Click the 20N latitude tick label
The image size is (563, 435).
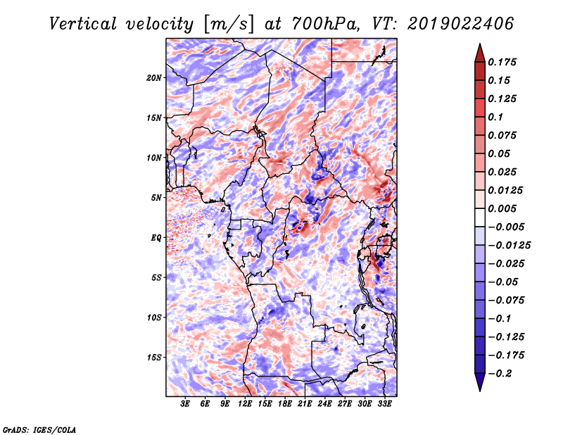[x=154, y=78]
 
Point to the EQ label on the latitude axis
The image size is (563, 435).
[x=156, y=238]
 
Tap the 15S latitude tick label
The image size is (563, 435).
[x=154, y=358]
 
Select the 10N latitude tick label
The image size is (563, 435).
[x=154, y=158]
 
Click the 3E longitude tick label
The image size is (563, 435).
[x=185, y=403]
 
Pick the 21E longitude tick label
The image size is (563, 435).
[x=305, y=403]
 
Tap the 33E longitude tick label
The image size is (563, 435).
[x=384, y=403]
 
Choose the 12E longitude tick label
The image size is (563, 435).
[x=245, y=403]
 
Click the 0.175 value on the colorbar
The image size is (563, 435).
[x=502, y=62]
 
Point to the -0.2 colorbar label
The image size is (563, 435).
[x=500, y=374]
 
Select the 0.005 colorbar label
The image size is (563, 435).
[x=502, y=208]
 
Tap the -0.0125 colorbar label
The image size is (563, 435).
[x=509, y=246]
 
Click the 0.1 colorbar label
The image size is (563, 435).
[x=495, y=117]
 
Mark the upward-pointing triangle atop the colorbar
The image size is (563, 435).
[x=480, y=53]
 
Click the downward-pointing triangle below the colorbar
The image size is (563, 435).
[x=480, y=382]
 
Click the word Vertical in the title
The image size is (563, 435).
[x=83, y=24]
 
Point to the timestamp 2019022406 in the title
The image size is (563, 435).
[x=461, y=24]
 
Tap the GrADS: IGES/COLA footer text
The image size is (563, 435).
[x=39, y=430]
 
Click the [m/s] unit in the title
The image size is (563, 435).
[x=229, y=25]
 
